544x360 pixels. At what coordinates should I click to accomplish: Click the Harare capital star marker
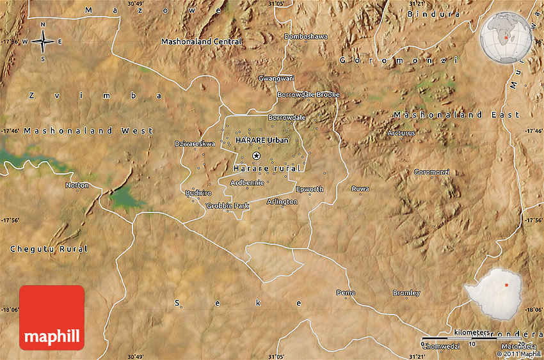(x=257, y=155)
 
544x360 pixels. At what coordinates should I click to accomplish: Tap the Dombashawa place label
(x=305, y=36)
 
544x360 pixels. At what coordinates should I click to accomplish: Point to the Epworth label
(x=310, y=189)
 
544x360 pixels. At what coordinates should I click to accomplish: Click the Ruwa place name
(x=360, y=189)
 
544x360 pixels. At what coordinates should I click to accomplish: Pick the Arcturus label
(x=401, y=133)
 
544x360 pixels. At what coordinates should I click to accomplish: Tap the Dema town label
(x=345, y=293)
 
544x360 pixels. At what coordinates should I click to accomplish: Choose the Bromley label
(x=406, y=293)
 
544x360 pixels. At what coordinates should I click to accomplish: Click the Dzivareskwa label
(x=195, y=144)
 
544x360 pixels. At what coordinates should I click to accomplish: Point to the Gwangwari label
(x=276, y=78)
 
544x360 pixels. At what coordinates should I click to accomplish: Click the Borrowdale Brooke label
(x=308, y=95)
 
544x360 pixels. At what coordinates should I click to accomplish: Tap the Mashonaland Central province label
(x=202, y=42)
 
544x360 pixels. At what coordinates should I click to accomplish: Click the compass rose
(x=43, y=42)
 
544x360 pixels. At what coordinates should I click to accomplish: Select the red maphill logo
(x=52, y=318)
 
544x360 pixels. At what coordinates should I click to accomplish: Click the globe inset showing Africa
(x=505, y=38)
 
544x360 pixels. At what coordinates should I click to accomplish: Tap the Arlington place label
(x=282, y=201)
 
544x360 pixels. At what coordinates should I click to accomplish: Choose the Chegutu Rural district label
(x=49, y=248)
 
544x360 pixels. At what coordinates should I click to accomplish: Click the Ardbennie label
(x=248, y=182)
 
